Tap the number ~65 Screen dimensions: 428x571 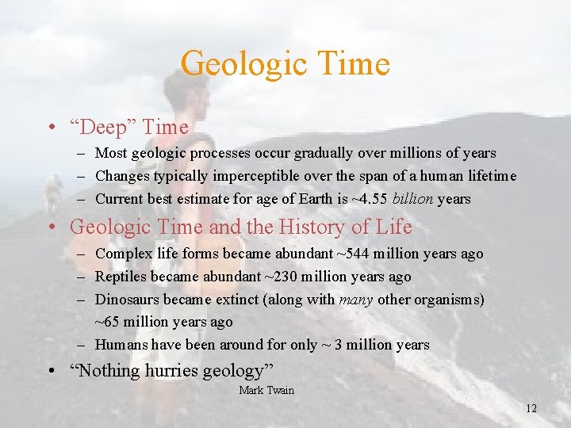[x=108, y=322]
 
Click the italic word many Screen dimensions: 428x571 [x=356, y=300]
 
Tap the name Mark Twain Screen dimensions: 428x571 [x=266, y=390]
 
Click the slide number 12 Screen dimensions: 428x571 [x=531, y=408]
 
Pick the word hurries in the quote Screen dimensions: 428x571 [x=174, y=370]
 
